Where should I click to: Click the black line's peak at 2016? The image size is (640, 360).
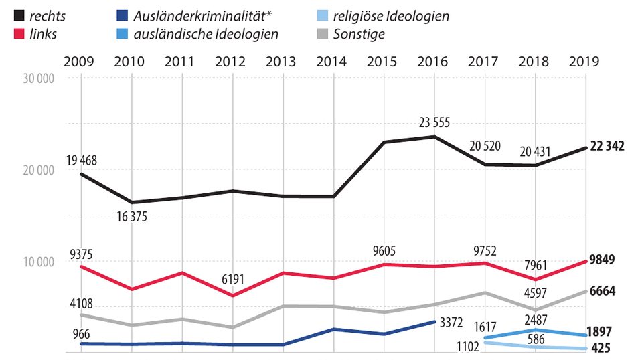(x=434, y=137)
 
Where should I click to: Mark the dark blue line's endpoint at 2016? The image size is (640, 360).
(x=434, y=321)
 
